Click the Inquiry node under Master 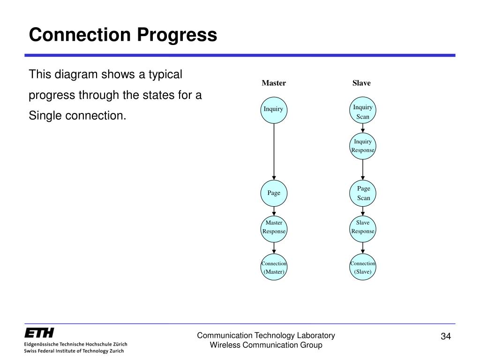pos(274,110)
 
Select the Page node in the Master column pos(274,193)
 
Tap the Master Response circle pos(274,227)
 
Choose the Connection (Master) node pos(274,268)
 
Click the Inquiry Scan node pos(363,112)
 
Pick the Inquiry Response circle pos(363,146)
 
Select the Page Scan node pos(363,193)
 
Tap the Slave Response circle pos(363,227)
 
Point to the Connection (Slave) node pos(363,268)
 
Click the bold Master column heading pos(274,83)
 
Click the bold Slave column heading pos(361,83)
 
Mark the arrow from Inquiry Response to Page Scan pos(363,170)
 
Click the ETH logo pos(39,333)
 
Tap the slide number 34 pos(445,337)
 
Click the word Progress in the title pos(177,35)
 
